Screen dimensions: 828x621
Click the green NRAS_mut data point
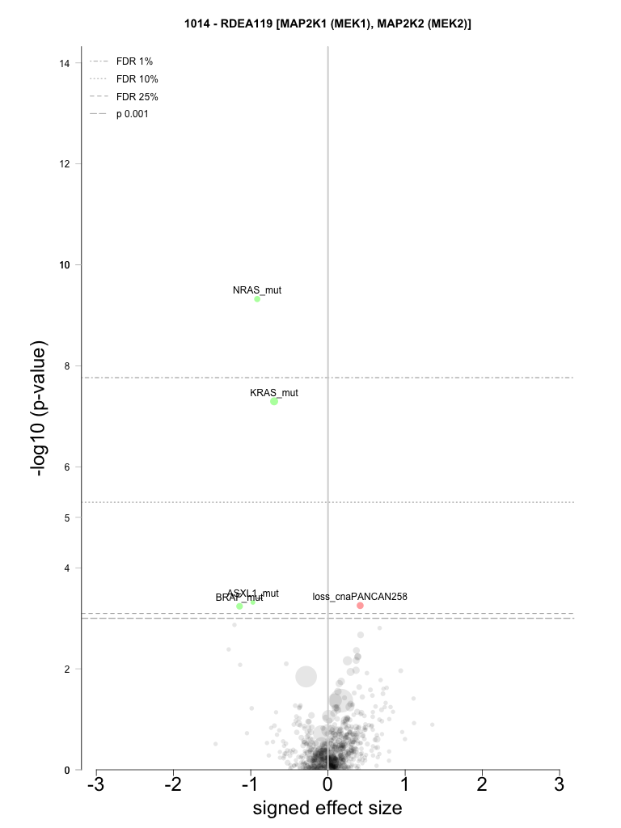pyautogui.click(x=257, y=298)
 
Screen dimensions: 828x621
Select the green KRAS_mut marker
pyautogui.click(x=274, y=401)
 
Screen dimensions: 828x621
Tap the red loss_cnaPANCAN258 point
pyautogui.click(x=360, y=606)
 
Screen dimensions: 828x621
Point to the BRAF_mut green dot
pyautogui.click(x=239, y=606)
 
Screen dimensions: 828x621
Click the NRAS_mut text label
pyautogui.click(x=257, y=289)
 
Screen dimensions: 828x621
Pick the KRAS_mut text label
pyautogui.click(x=274, y=393)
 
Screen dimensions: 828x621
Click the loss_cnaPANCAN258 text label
pyautogui.click(x=360, y=597)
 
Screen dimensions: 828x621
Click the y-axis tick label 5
pyautogui.click(x=65, y=517)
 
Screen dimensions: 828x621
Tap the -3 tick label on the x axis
pyautogui.click(x=95, y=785)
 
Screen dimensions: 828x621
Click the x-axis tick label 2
pyautogui.click(x=482, y=785)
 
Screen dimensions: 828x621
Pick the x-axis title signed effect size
pyautogui.click(x=327, y=809)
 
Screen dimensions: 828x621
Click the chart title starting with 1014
pyautogui.click(x=327, y=24)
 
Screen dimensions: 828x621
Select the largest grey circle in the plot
pyautogui.click(x=306, y=676)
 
